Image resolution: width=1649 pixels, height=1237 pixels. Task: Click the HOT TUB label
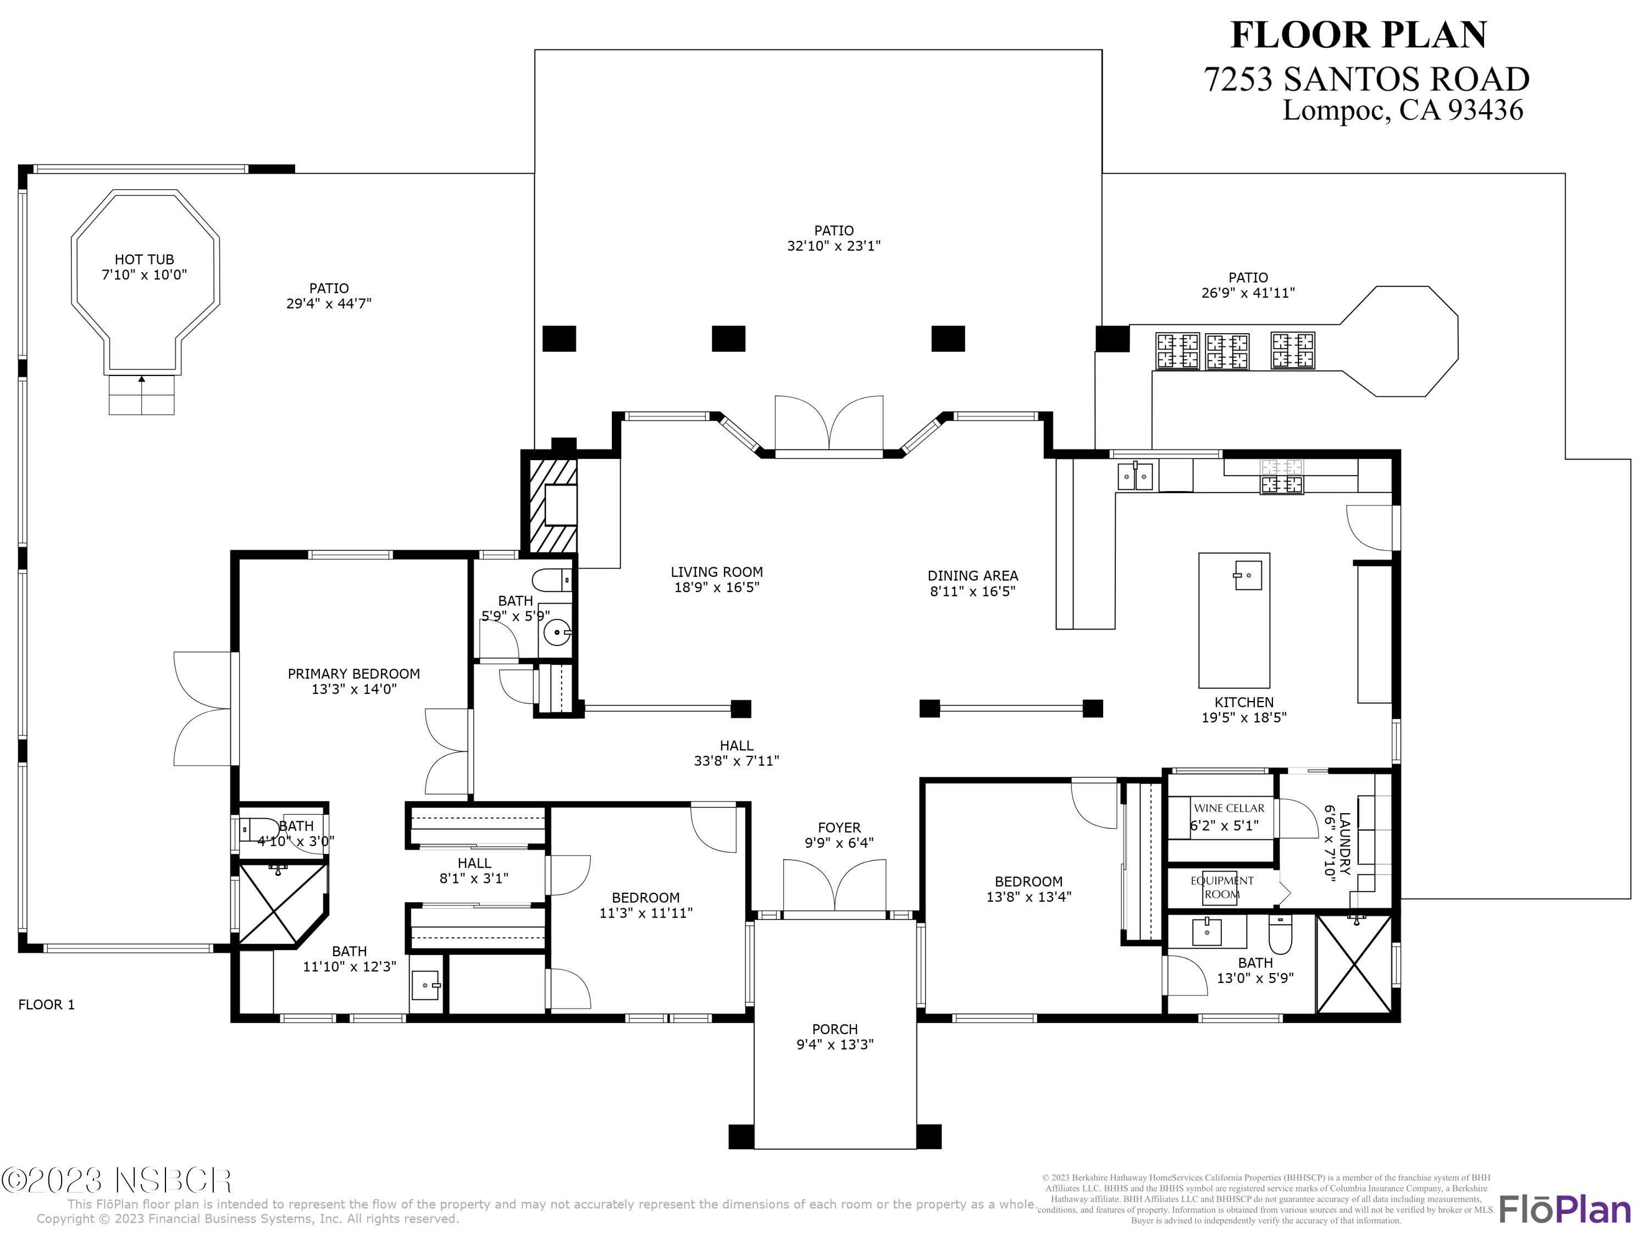144,259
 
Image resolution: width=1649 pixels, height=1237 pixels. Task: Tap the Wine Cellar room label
1229,808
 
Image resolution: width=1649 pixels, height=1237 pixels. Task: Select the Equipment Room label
1222,887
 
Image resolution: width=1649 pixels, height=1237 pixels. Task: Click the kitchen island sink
1247,576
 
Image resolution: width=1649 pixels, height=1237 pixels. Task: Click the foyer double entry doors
834,886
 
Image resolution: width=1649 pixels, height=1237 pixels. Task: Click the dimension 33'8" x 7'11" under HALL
736,760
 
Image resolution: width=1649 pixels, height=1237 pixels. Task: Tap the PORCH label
834,1029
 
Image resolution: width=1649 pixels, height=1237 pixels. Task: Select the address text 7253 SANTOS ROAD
1366,79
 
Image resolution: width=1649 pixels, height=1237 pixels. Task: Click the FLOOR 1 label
46,1004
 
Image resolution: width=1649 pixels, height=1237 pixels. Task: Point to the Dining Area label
972,576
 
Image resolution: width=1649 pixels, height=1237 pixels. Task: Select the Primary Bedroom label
353,673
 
